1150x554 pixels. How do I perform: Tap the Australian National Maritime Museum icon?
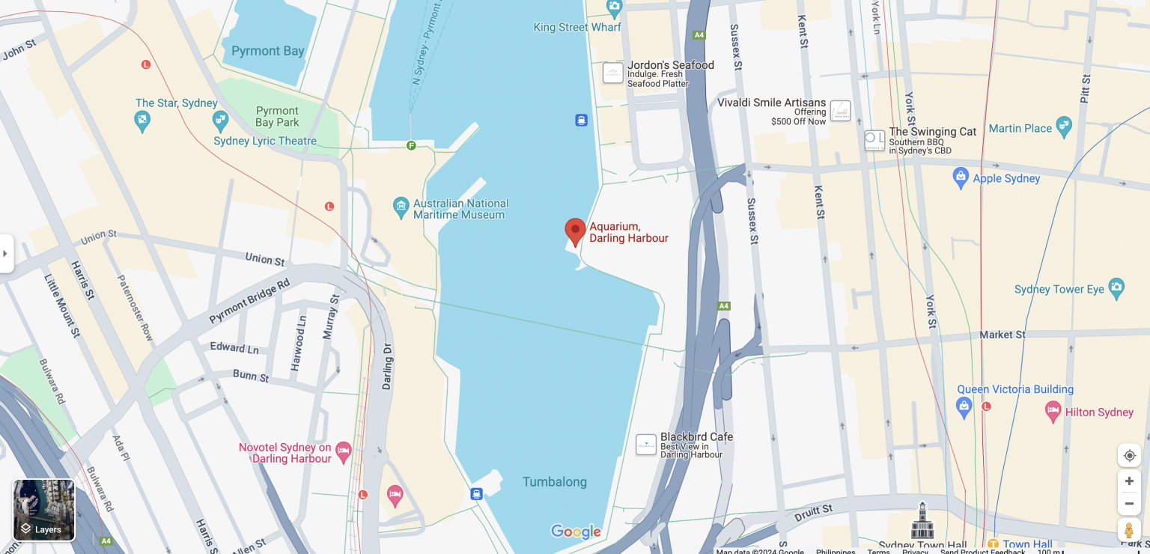point(401,205)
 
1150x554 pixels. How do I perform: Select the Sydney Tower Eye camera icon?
point(1116,287)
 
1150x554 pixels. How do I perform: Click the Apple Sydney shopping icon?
point(961,177)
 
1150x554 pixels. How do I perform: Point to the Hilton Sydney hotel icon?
point(1053,410)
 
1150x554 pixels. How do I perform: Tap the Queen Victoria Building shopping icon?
point(964,407)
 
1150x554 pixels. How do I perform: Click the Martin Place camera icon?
point(1064,126)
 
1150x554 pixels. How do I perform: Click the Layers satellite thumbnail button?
point(44,510)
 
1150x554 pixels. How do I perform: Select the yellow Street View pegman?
point(1129,530)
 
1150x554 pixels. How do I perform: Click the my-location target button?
point(1129,455)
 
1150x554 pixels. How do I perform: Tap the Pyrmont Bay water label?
point(267,51)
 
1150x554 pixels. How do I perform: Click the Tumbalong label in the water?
point(554,481)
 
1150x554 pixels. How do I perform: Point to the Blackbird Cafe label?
point(696,437)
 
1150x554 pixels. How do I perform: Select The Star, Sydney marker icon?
point(142,120)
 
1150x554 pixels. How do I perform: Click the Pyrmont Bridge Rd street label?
point(249,302)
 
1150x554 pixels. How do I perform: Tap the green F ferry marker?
point(411,145)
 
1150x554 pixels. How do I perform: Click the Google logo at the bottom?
point(576,532)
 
